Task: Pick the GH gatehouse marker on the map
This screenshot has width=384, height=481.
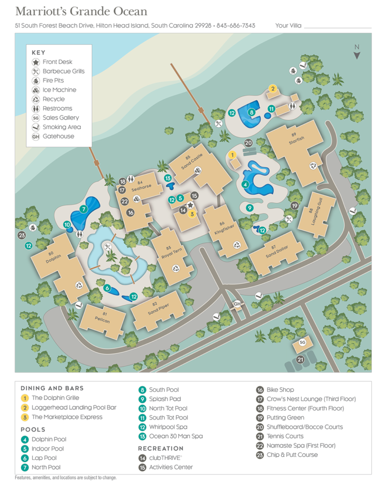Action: click(x=237, y=304)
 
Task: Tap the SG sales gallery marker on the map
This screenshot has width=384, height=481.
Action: click(x=301, y=342)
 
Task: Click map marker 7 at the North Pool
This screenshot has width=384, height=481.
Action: click(x=83, y=209)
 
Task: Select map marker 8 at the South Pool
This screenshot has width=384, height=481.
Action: click(x=251, y=113)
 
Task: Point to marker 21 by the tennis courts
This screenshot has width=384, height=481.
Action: click(x=300, y=359)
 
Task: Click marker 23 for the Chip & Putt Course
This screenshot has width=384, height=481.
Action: click(x=21, y=235)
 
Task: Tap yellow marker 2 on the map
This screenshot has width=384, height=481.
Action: click(x=272, y=89)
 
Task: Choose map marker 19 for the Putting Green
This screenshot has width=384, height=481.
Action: click(x=294, y=205)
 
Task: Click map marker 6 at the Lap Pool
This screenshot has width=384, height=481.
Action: click(x=107, y=288)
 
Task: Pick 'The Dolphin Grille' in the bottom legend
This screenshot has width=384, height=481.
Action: click(x=55, y=398)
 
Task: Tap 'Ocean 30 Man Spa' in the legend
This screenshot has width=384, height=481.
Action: click(x=175, y=436)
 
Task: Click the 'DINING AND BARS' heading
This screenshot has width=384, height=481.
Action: click(x=52, y=388)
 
